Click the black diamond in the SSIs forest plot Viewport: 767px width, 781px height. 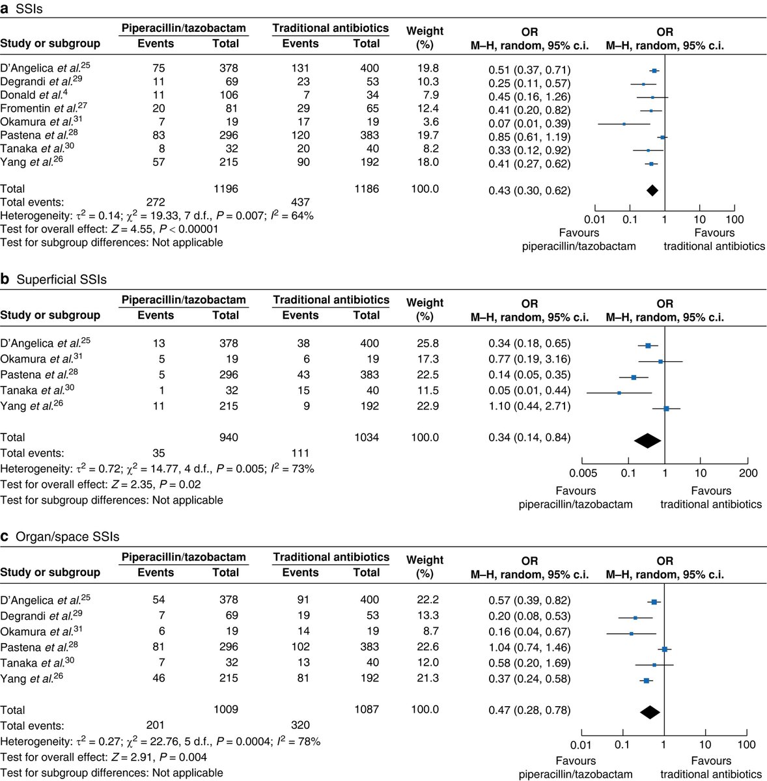coord(652,190)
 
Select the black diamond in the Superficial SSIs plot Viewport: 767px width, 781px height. coord(648,441)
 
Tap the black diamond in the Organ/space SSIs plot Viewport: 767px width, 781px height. coord(650,713)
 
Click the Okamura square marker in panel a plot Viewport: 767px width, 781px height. coord(624,124)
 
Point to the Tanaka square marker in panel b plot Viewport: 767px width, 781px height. coord(619,392)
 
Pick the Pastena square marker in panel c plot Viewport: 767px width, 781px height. coord(665,649)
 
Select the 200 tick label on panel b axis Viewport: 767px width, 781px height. coord(748,473)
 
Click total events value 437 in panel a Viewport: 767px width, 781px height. coord(300,202)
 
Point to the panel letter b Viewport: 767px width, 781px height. coord(5,279)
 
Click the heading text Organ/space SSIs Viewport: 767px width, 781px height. coord(68,537)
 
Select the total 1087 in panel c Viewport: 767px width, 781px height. coord(366,709)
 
